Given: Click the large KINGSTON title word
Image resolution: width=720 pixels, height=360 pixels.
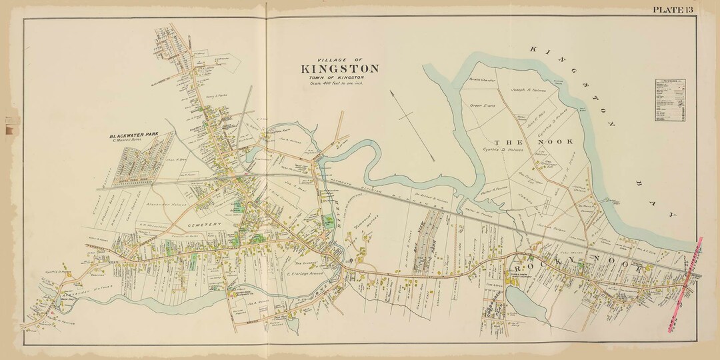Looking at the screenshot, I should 340,69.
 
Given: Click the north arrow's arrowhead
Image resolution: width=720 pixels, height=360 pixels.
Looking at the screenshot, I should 433,158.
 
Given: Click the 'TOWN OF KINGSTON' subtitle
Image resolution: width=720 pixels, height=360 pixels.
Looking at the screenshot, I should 340,78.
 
